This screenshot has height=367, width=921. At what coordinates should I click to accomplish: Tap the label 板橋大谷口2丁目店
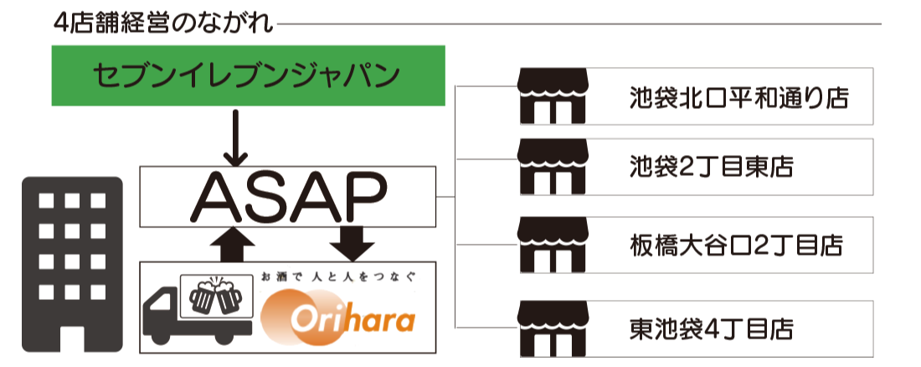[x=736, y=246]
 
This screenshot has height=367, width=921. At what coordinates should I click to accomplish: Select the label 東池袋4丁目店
[x=711, y=327]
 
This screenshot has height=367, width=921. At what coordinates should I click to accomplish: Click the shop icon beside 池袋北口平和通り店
[x=550, y=97]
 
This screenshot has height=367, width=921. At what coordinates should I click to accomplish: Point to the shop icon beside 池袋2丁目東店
[x=550, y=168]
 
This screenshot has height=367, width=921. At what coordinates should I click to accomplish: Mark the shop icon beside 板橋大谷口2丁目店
[x=550, y=246]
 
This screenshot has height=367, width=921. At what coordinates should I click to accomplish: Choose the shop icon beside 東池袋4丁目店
[x=550, y=327]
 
